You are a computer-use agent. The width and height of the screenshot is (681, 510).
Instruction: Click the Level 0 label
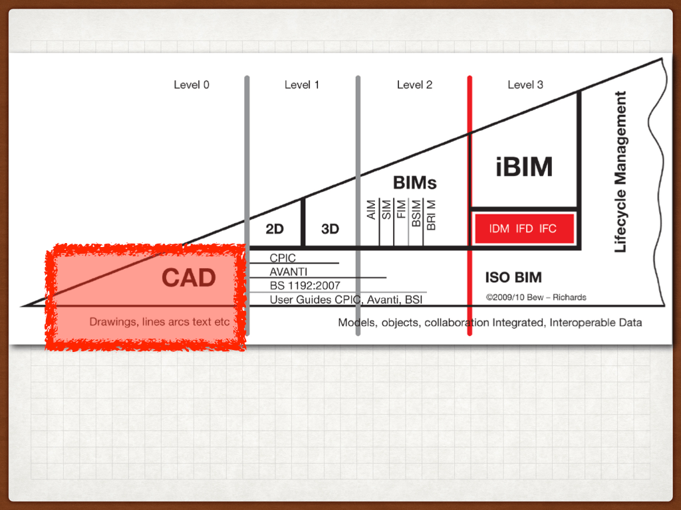point(192,85)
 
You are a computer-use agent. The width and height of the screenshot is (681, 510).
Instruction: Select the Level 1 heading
point(302,85)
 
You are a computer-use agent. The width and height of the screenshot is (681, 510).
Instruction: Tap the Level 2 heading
point(414,85)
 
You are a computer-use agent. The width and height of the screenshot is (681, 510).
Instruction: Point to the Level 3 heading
point(525,85)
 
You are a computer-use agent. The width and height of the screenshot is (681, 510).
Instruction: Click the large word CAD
point(189,278)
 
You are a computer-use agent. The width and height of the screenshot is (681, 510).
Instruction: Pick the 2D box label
point(275,229)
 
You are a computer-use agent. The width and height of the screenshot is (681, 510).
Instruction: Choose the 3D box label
point(330,229)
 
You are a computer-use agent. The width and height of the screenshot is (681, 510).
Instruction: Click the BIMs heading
point(415,183)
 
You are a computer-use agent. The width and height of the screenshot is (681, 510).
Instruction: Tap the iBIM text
point(524,167)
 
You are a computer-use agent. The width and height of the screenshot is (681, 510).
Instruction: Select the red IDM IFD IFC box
point(523,229)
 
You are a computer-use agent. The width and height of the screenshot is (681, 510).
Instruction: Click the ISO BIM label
point(513,278)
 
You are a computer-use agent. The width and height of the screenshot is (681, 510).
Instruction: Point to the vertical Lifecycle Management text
point(620,172)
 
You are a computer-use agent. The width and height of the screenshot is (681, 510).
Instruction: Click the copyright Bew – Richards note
point(536,297)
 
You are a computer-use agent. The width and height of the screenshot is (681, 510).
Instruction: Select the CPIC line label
point(283,258)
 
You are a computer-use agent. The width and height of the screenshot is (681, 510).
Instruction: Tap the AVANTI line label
point(289,272)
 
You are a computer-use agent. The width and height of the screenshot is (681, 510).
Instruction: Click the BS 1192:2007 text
point(305,286)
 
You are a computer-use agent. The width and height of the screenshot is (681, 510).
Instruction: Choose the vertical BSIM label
point(416,214)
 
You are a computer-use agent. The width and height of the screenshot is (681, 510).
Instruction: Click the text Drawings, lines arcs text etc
point(160,323)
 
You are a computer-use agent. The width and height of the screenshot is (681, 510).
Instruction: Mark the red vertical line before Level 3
point(470,199)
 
